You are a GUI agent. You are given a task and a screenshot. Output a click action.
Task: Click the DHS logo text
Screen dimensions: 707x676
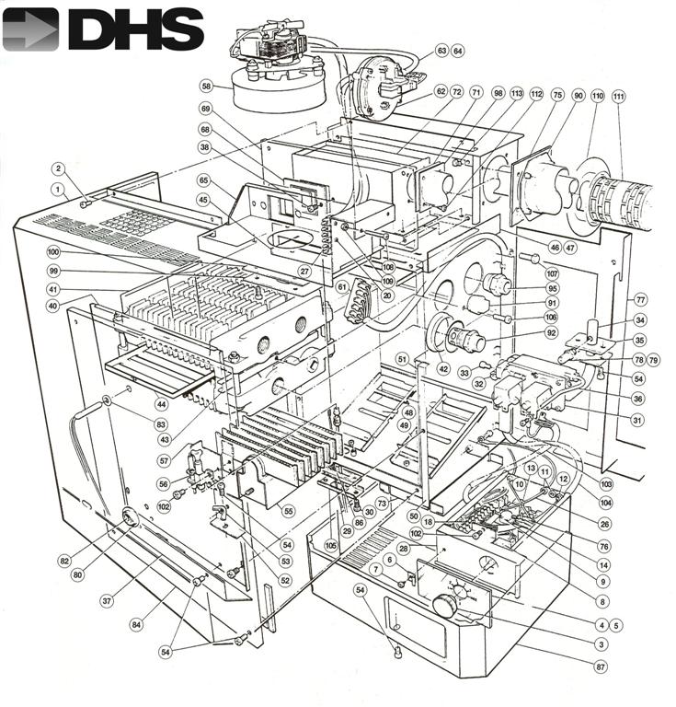[x=135, y=29]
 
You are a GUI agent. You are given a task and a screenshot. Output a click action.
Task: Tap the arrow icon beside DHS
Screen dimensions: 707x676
[x=30, y=29]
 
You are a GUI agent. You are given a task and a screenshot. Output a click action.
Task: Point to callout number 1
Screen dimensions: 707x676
[x=58, y=189]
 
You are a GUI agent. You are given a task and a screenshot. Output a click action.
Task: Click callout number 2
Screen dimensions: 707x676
[x=58, y=168]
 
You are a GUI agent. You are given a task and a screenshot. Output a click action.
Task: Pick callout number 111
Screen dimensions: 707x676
[x=617, y=97]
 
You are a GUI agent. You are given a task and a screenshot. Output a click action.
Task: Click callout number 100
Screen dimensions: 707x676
[x=53, y=251]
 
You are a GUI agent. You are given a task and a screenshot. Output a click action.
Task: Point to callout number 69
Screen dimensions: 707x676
[x=205, y=109]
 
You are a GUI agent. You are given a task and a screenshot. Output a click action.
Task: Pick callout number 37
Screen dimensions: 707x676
[x=107, y=601]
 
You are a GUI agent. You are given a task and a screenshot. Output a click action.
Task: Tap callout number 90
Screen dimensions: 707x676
[x=579, y=96]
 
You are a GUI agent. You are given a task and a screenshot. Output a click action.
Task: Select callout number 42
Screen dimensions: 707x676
[x=442, y=369]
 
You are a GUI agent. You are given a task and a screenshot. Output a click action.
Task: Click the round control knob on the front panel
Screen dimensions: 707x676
[x=446, y=607]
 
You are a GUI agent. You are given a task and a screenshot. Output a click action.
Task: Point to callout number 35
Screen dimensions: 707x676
[x=640, y=340]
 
